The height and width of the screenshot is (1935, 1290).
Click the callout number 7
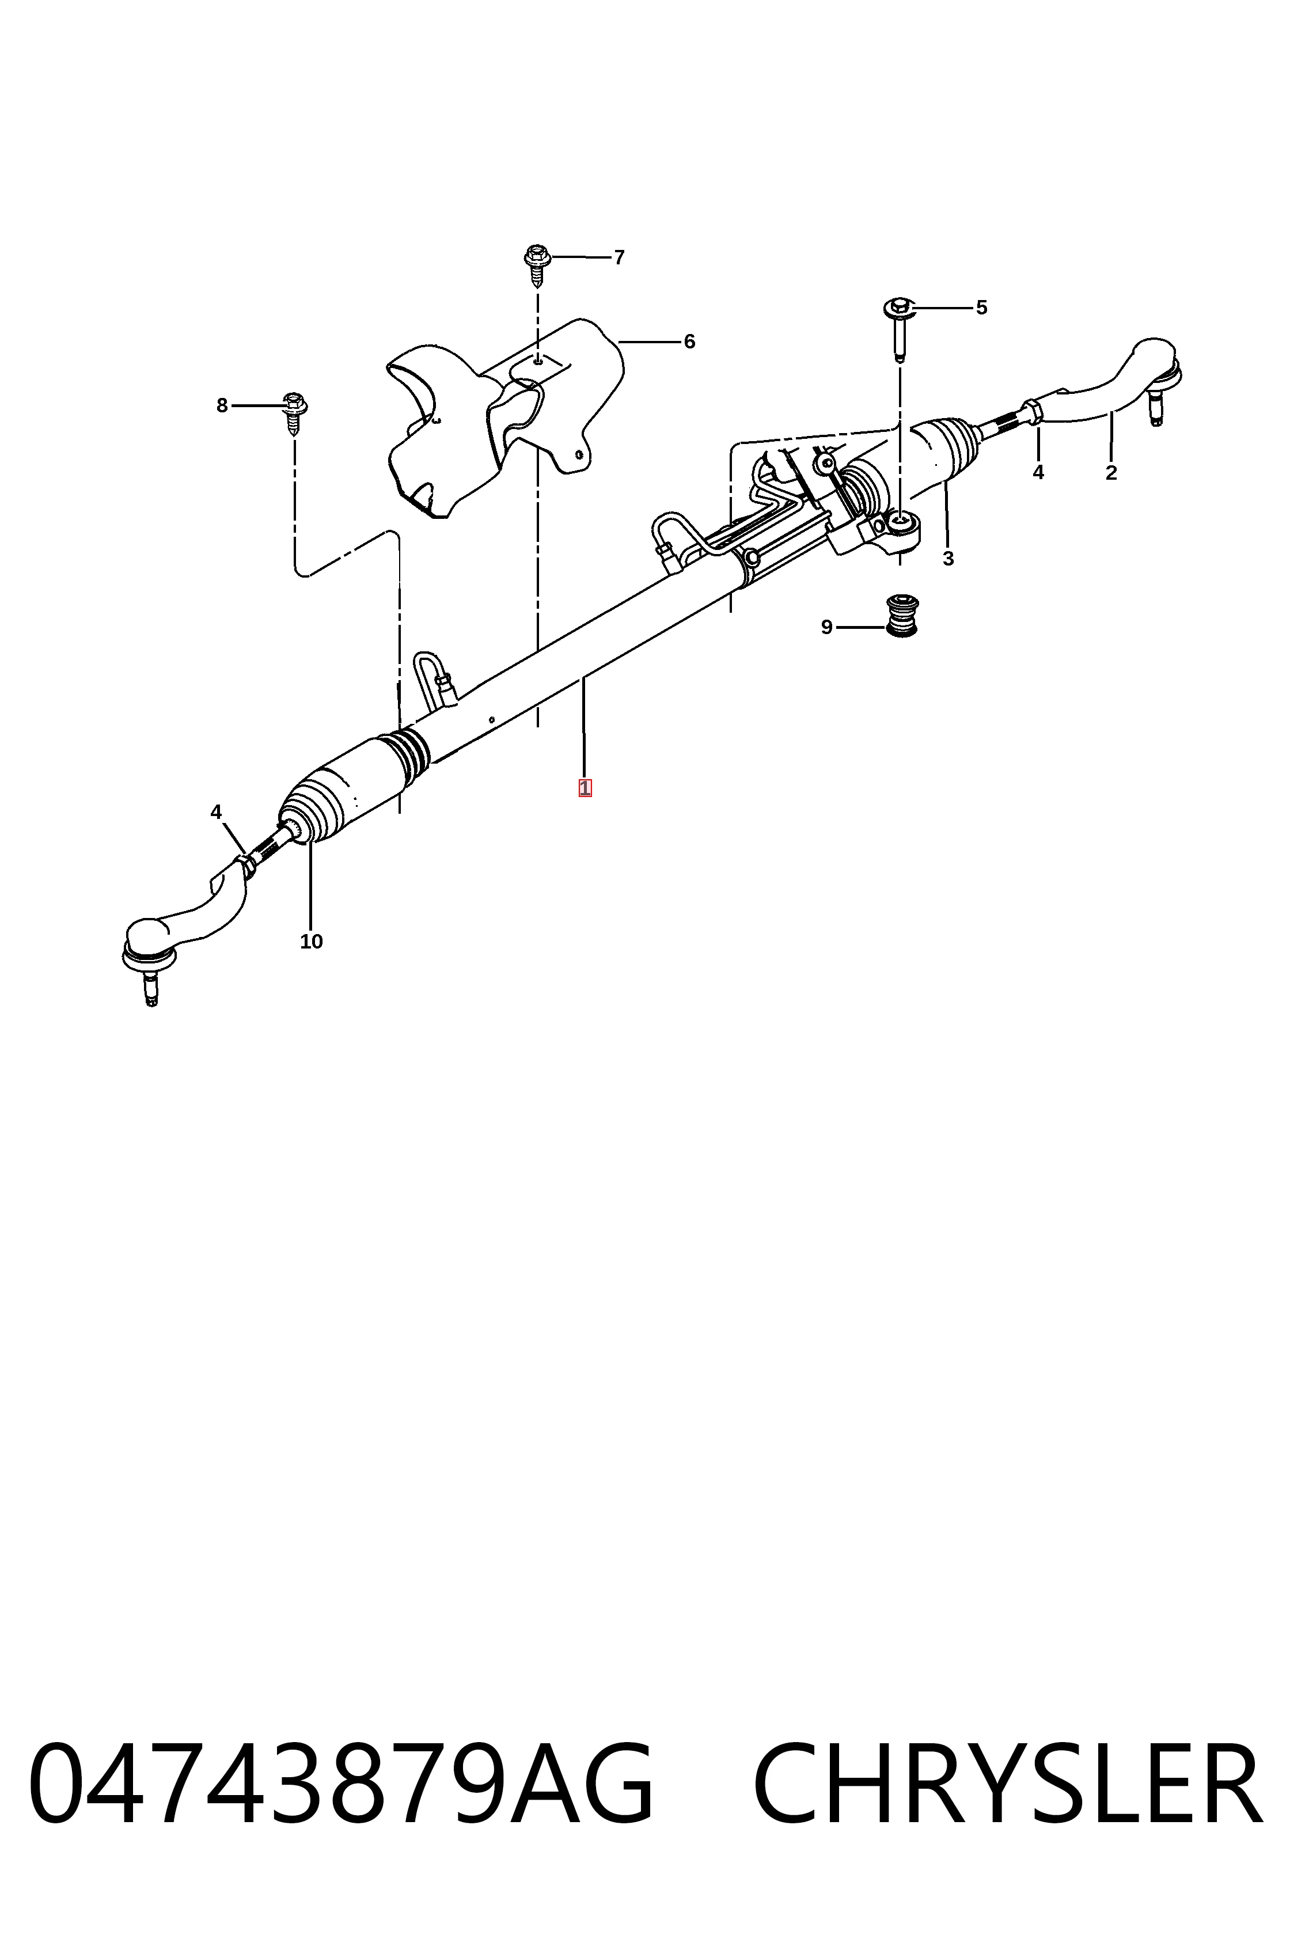(620, 257)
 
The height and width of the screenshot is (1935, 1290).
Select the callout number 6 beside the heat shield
(689, 342)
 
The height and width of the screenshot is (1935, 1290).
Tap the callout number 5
(981, 308)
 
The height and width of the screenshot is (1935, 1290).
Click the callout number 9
(827, 628)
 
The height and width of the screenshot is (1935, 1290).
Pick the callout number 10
(311, 942)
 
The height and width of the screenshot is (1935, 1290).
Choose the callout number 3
(948, 559)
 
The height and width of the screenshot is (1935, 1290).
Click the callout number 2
(1111, 473)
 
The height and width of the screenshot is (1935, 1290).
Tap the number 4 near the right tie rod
(1038, 473)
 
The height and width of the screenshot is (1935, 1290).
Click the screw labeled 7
(537, 265)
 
